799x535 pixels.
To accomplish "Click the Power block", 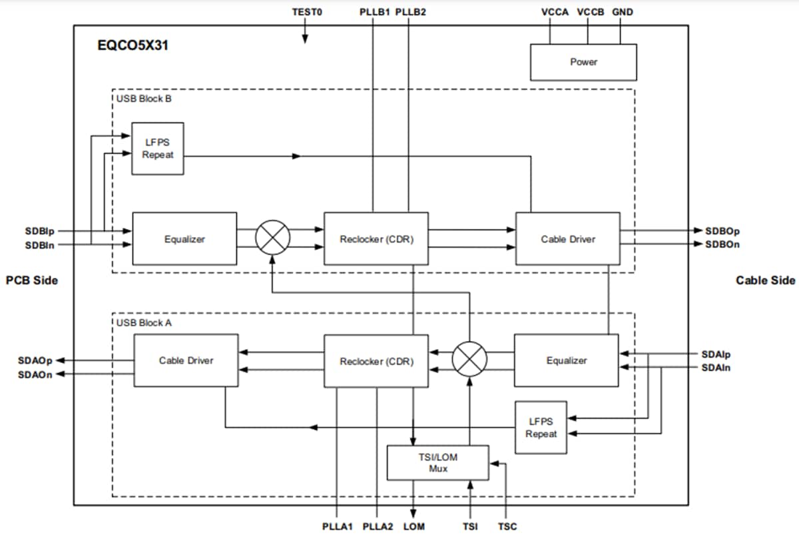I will coord(583,62).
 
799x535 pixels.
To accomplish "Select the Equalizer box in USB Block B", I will coord(184,239).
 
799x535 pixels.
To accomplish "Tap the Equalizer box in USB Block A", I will coord(566,360).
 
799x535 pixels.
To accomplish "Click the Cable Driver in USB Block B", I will coord(567,239).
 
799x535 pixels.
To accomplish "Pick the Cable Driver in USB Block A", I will coord(186,360).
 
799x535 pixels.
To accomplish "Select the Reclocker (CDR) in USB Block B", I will coord(376,239).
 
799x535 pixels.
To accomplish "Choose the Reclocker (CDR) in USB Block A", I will coord(376,361).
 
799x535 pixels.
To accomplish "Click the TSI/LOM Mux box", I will coord(438,462).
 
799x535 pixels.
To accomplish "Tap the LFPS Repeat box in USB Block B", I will coord(158,149).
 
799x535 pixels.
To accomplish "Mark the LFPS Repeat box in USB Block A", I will coord(541,427).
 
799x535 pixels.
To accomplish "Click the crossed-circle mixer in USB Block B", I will coord(273,238).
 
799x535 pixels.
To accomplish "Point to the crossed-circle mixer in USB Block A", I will coord(469,360).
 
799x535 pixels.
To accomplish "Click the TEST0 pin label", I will coord(307,12).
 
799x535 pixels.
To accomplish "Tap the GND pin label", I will coord(623,12).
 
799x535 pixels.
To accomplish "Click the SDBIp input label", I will coord(39,231).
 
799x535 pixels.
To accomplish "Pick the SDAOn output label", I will coord(35,374).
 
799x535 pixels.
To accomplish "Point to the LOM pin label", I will coord(414,526).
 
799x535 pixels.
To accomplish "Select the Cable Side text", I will coord(765,280).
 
